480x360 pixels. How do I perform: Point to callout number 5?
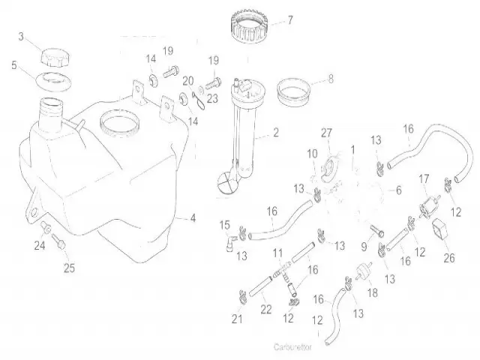coord(13,65)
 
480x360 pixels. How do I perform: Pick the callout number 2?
coord(276,133)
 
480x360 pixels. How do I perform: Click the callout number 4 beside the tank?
coord(193,218)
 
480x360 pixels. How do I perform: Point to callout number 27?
coord(326,133)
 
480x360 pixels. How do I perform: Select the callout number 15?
coord(224,224)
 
